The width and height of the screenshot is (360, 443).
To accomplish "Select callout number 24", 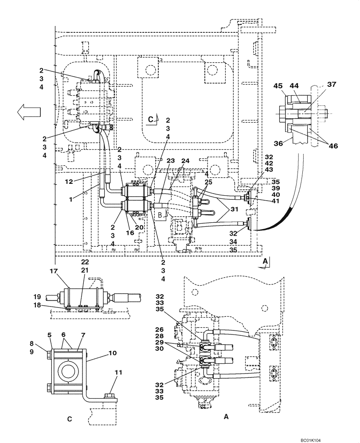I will point(185,162).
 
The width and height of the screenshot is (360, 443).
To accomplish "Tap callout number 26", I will point(159,329).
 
